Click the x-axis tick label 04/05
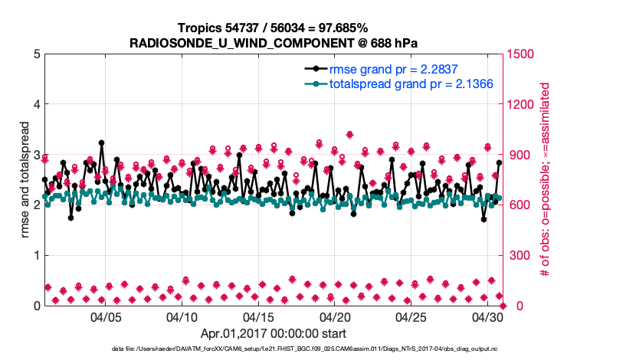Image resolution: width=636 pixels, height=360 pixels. [107, 316]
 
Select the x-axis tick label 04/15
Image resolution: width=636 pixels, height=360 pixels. [259, 316]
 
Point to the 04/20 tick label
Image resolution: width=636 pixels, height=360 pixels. [336, 316]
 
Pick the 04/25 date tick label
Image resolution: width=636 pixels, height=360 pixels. [411, 316]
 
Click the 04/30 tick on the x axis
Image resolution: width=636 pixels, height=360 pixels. [488, 316]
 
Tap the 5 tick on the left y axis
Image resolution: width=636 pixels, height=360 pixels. [37, 54]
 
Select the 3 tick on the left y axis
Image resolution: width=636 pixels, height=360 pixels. [37, 155]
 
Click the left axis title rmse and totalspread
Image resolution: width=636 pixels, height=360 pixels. [25, 179]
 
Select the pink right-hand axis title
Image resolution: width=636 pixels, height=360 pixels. [546, 179]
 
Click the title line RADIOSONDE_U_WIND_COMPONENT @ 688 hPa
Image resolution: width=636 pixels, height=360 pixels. [274, 42]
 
